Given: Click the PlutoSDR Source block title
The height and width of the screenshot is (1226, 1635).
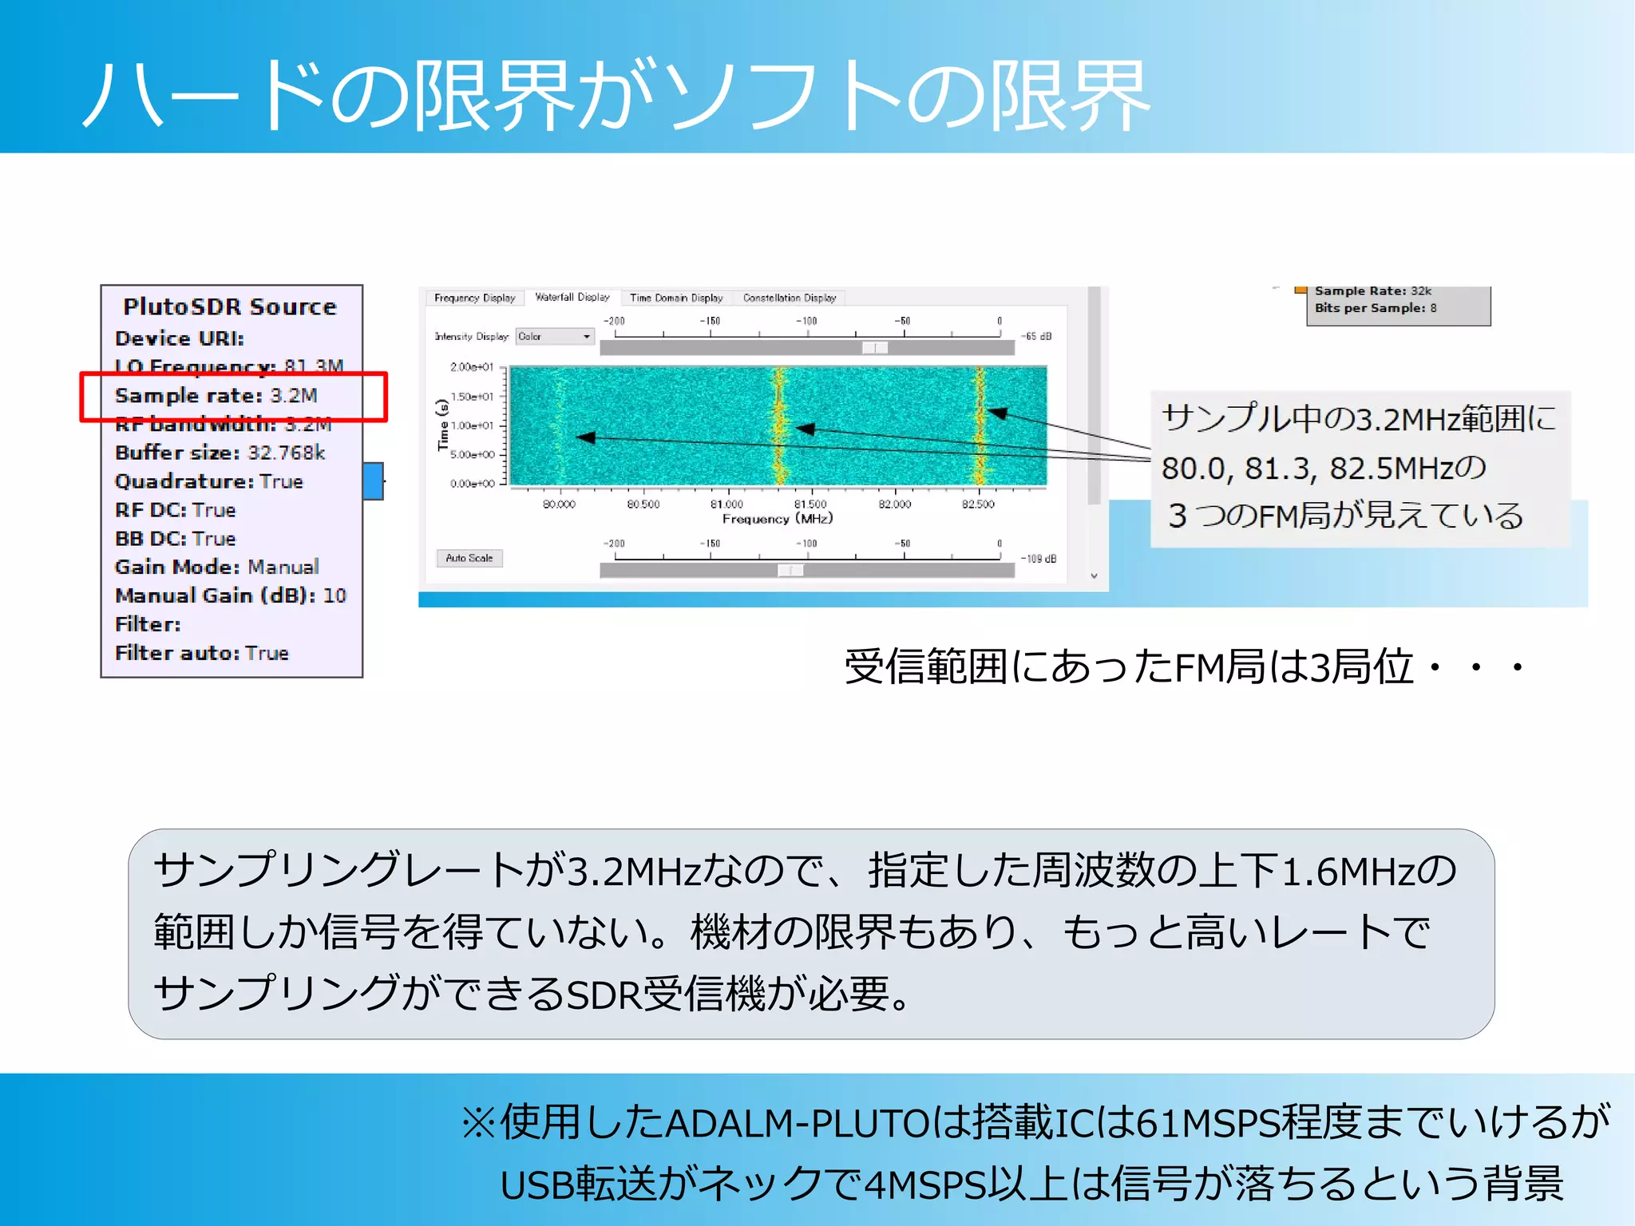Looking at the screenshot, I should click(230, 306).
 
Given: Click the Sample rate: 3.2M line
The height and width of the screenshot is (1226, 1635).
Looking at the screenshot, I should click(216, 396).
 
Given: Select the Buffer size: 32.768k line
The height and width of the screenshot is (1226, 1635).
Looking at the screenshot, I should click(220, 453).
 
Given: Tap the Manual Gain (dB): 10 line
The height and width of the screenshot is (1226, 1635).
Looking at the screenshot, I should click(231, 595).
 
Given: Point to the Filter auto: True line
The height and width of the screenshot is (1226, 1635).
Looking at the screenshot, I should click(202, 653).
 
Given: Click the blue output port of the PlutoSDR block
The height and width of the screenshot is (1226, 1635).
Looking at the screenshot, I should click(373, 481).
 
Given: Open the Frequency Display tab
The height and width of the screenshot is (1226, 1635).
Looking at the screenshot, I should click(474, 298).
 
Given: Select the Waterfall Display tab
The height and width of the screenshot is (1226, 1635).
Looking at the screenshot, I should click(572, 297).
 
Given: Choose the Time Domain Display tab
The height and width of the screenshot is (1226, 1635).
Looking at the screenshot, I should click(675, 298).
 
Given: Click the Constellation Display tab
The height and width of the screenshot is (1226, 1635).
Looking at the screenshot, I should click(789, 298).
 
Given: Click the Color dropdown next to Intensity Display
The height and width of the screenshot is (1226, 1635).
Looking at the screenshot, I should click(555, 337).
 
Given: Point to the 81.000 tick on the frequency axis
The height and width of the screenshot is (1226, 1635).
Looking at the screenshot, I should click(726, 504).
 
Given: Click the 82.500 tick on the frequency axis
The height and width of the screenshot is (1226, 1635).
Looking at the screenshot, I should click(978, 504).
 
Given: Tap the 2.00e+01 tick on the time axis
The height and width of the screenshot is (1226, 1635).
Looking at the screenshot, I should click(472, 367).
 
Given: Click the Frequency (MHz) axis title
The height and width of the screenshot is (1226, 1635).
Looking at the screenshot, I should click(777, 519).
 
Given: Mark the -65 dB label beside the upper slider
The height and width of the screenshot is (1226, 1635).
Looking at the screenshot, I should click(1036, 337).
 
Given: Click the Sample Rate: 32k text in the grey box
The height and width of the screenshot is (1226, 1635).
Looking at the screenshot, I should click(1373, 291).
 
